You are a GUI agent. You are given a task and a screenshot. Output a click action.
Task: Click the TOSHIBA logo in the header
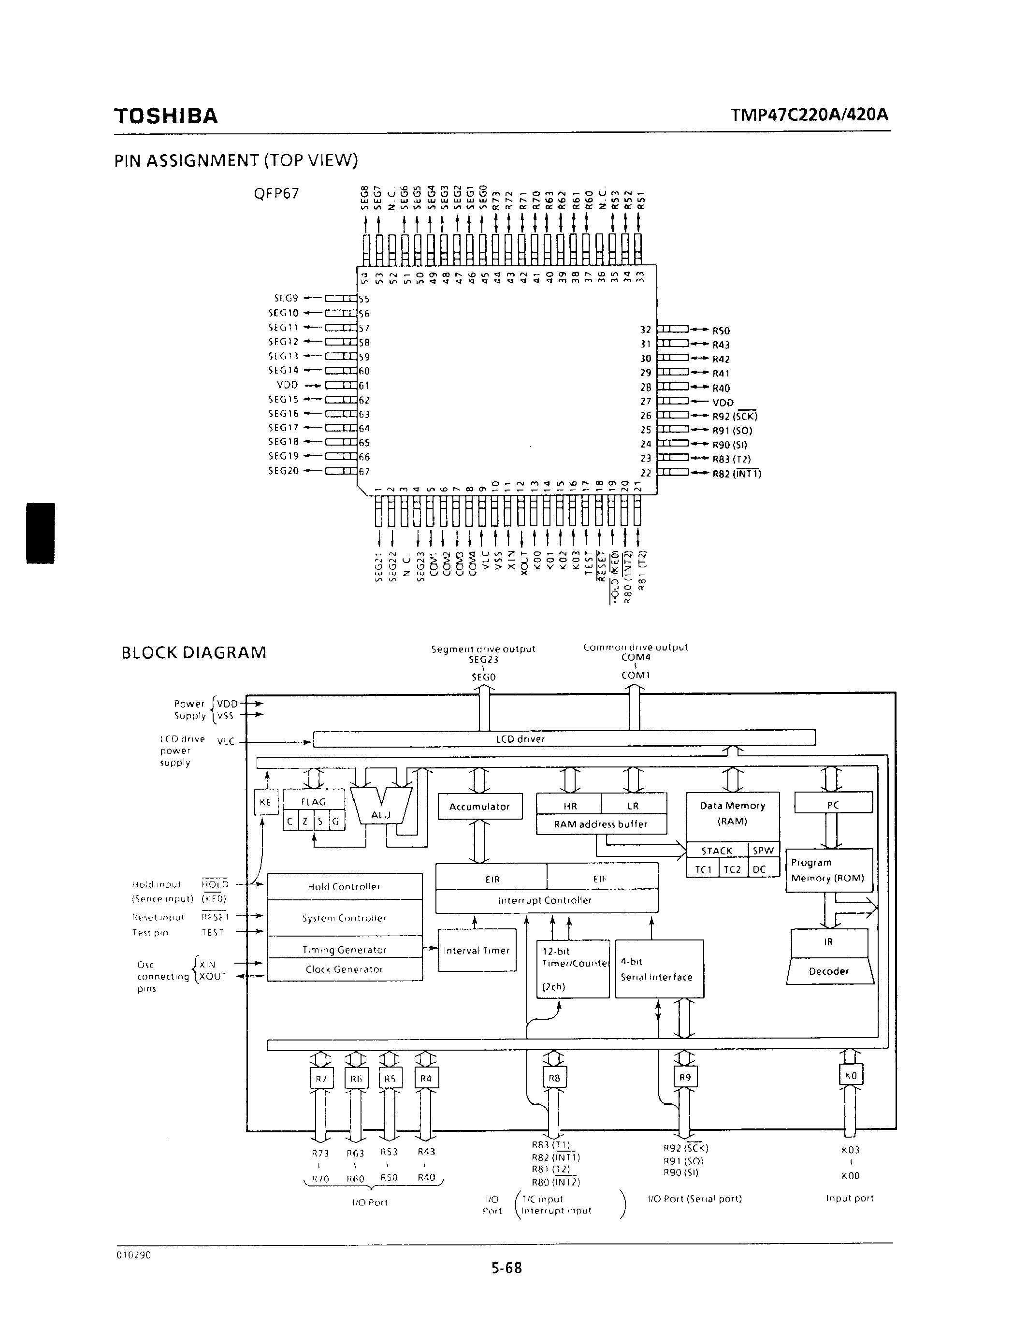click(x=165, y=116)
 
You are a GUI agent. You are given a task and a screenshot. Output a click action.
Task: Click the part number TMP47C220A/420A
click(x=809, y=115)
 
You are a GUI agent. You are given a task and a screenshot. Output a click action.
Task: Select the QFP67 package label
click(x=276, y=193)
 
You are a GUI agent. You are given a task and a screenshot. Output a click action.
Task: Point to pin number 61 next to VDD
click(x=364, y=386)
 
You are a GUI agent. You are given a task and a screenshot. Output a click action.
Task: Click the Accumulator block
click(x=479, y=807)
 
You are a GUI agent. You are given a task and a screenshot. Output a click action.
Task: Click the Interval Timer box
click(x=477, y=951)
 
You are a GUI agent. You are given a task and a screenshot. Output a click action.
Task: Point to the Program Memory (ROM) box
click(x=829, y=870)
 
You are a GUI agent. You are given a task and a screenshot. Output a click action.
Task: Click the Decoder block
click(x=829, y=971)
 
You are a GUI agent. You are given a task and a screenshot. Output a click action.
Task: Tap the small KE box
click(x=265, y=802)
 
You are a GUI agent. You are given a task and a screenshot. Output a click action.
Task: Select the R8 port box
click(x=554, y=1078)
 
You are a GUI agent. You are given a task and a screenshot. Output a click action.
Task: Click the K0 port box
click(x=851, y=1076)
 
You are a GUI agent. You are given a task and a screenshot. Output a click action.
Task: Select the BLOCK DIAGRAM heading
click(x=194, y=653)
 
